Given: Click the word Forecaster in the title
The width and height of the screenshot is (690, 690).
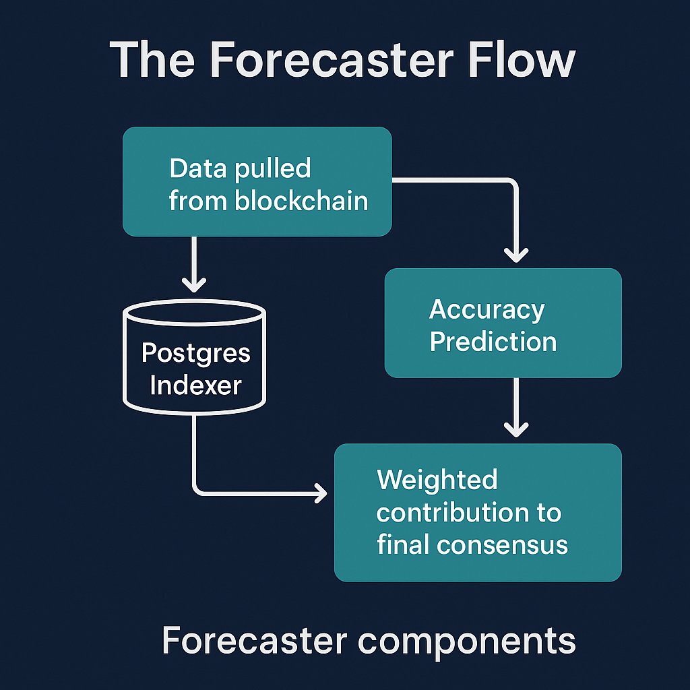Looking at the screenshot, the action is coord(333,60).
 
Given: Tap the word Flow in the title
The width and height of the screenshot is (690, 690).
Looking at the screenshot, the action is coord(522,59).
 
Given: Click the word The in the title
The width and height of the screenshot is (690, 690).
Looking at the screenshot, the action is coord(152,59).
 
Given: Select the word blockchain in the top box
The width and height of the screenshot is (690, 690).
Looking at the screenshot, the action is coord(301,201).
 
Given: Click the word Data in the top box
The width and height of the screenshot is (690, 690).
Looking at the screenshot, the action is coord(199,168).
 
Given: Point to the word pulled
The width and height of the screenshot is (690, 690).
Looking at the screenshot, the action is coord(273,169).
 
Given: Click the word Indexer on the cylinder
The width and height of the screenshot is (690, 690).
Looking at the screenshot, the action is coord(196,385).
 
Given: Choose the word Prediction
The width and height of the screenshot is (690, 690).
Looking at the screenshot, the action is coord(493,342).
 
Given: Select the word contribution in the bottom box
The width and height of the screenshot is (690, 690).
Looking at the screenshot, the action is coord(452,512).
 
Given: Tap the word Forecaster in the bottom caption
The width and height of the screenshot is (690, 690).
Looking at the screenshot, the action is coord(255,640).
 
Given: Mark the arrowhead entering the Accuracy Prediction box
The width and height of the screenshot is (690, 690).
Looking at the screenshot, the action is coord(516,255).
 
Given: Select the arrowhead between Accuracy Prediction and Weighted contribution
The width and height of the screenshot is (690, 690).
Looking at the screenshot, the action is coord(516,429).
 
